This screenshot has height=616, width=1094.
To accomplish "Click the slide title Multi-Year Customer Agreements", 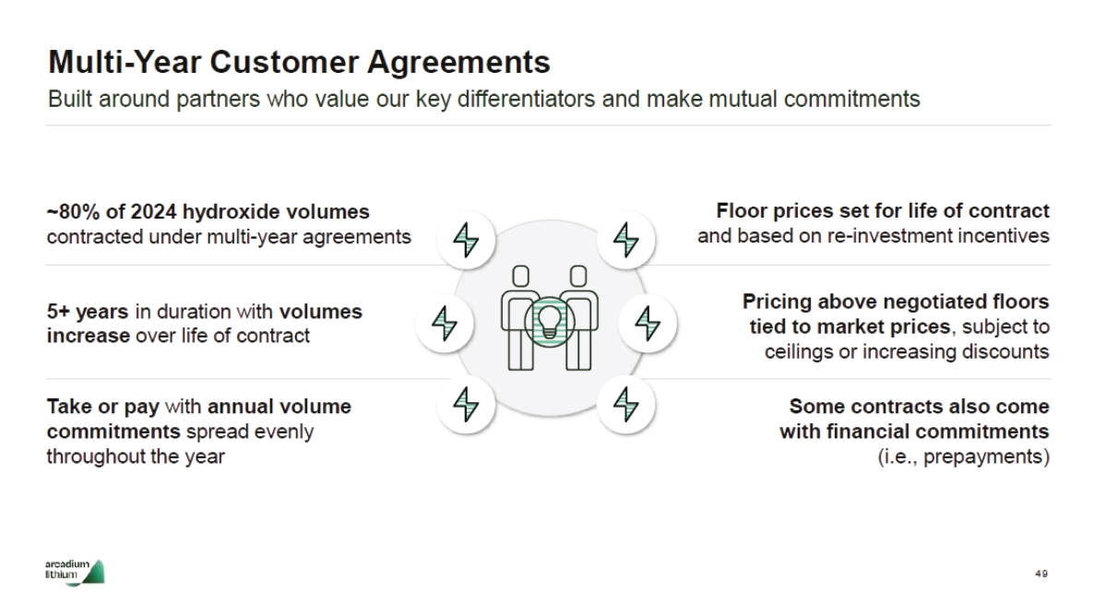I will point(299,62).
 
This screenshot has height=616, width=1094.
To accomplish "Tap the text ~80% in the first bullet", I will point(69,211).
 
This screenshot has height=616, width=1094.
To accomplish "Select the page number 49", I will point(1041,574).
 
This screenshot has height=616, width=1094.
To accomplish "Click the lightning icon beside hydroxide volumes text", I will point(467,240).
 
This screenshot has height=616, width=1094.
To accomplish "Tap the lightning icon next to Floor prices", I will point(626,240).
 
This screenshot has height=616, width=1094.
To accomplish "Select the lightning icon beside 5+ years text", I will point(446,323).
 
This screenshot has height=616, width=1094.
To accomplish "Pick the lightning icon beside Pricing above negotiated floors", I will point(648,323).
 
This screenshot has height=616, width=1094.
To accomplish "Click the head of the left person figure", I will point(521,275).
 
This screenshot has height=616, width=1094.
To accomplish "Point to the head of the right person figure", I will point(578,275).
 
